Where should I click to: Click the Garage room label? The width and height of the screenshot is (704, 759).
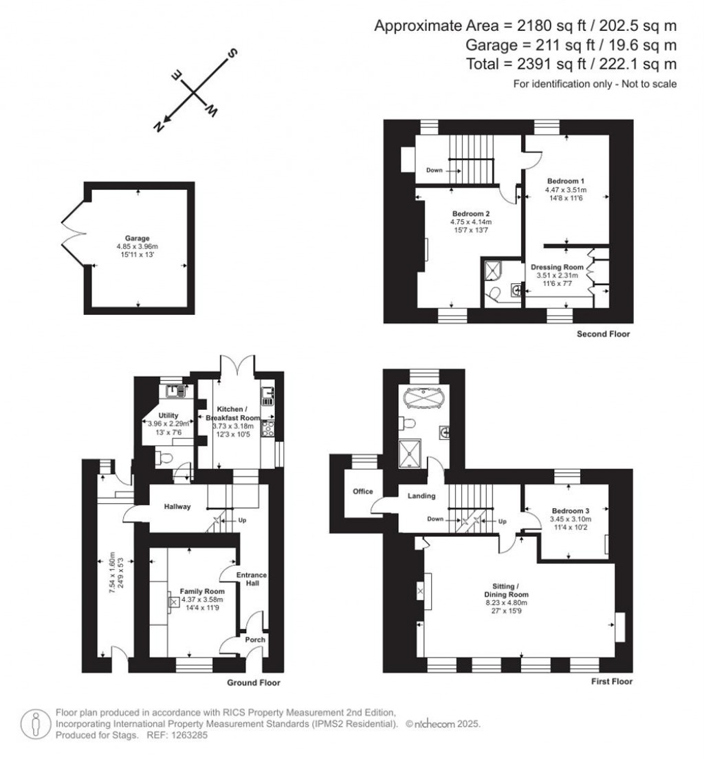137,239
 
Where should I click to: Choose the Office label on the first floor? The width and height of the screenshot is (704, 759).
362,492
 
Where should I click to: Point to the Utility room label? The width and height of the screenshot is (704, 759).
168,415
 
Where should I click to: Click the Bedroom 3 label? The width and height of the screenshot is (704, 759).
570,511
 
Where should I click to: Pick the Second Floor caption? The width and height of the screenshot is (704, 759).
604,334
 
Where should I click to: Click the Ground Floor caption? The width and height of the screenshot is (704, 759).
254,683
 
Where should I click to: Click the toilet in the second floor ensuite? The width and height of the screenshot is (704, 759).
493,295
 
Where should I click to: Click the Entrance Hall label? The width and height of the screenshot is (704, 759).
251,579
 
